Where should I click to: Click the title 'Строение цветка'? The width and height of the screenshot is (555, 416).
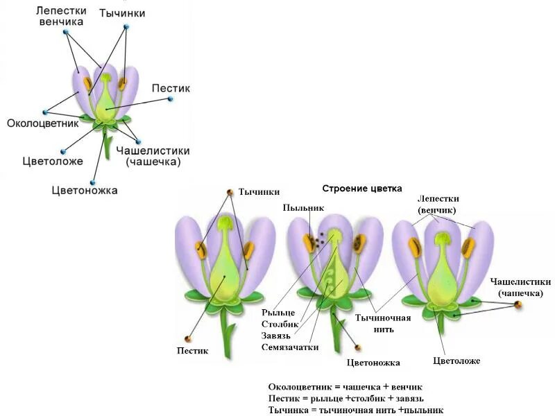point(362,188)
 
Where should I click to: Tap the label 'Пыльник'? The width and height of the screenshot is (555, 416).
point(303,207)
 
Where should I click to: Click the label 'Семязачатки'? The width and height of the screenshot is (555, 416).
point(290,347)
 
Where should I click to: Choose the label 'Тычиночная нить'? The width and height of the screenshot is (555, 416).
point(383,323)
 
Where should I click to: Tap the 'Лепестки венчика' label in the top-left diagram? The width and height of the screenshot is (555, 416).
point(61,16)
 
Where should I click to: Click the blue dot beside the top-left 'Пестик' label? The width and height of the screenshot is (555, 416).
point(170,99)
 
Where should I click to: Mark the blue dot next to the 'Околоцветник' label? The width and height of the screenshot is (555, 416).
point(45,112)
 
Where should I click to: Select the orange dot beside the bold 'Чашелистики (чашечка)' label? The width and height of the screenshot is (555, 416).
point(518,304)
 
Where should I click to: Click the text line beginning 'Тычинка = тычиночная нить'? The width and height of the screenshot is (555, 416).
point(355,410)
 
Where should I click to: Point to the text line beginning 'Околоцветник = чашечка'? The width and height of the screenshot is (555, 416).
point(345,386)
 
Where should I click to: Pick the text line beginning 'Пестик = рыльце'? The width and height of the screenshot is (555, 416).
point(345,398)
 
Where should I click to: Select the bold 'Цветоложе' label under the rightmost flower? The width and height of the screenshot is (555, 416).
point(456,361)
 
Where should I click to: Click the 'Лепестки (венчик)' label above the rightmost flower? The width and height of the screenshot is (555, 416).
point(438,204)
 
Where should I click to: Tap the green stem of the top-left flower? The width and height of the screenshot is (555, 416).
point(108,148)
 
